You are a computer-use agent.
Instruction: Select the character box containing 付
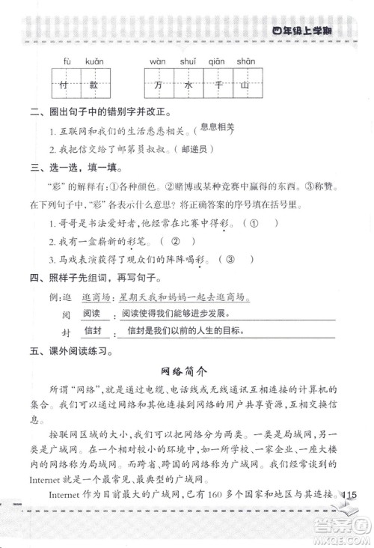pyautogui.click(x=67, y=85)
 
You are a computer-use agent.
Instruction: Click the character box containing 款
pyautogui.click(x=94, y=85)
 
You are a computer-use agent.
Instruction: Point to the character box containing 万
pyautogui.click(x=157, y=85)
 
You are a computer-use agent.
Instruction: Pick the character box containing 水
pyautogui.click(x=186, y=85)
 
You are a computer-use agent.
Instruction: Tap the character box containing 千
pyautogui.click(x=215, y=85)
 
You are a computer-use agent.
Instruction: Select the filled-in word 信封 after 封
pyautogui.click(x=93, y=330)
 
